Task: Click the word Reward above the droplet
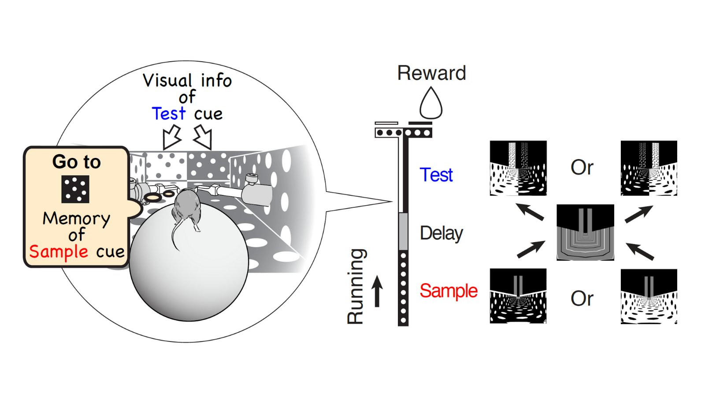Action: pos(431,73)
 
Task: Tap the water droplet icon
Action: pos(430,103)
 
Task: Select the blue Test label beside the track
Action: pos(436,175)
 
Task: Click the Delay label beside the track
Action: pos(441,233)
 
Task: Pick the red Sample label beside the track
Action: pos(448,291)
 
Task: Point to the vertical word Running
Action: pos(356,287)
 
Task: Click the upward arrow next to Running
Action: pos(377,291)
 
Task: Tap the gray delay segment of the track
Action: pos(403,231)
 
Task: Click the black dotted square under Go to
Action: pos(75,189)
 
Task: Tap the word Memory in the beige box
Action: pos(76,218)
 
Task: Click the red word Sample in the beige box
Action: pos(59,252)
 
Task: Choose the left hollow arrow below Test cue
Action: pos(171,136)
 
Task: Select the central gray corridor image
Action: pos(585,232)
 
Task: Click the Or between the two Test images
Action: pos(582,168)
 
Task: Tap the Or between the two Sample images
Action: pos(582,299)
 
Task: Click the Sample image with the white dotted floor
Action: pos(649,296)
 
